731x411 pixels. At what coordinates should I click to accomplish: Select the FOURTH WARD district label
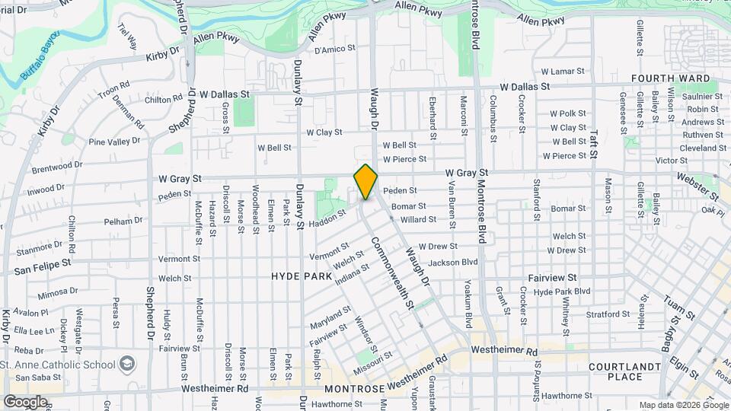tap(670, 78)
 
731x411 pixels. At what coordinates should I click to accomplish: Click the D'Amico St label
tap(335, 49)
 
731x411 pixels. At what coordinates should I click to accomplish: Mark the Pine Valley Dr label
tap(114, 142)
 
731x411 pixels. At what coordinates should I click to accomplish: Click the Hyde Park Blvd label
tap(562, 292)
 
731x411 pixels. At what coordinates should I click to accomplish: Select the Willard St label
tap(418, 219)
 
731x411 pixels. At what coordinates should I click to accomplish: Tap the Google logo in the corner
tap(24, 401)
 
